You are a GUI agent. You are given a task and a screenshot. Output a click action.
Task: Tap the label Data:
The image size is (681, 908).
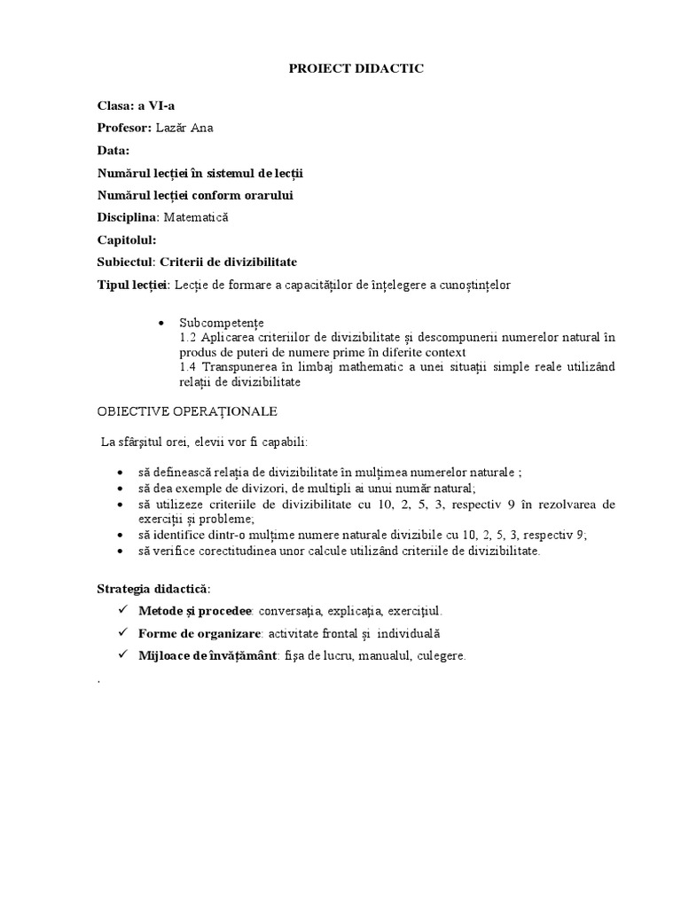point(113,150)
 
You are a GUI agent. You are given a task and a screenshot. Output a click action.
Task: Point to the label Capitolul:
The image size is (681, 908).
point(127,239)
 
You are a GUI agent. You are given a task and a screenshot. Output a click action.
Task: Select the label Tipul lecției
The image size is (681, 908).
point(132,285)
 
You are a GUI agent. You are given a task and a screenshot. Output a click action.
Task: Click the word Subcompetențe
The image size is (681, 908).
point(221,323)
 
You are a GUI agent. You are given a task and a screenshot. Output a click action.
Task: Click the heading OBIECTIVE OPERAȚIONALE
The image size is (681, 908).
point(187,411)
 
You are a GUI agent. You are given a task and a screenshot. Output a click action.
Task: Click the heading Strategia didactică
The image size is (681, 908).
point(153,589)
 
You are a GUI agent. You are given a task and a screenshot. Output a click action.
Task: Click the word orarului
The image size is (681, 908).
point(263,195)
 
